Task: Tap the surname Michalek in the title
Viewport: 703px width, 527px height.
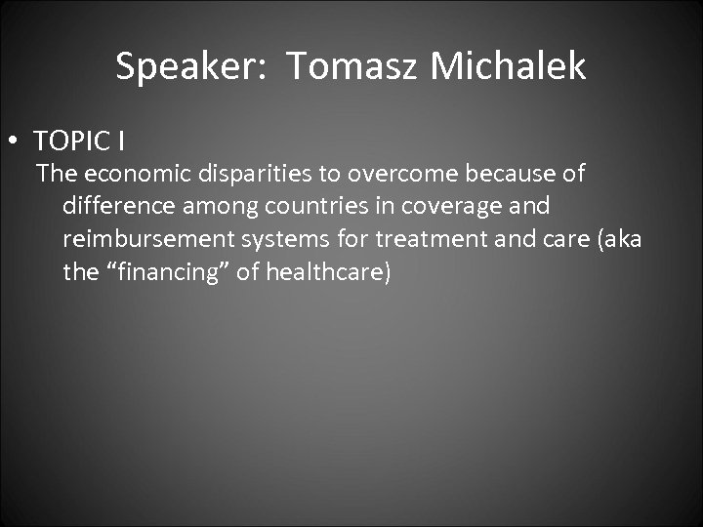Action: [508, 67]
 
